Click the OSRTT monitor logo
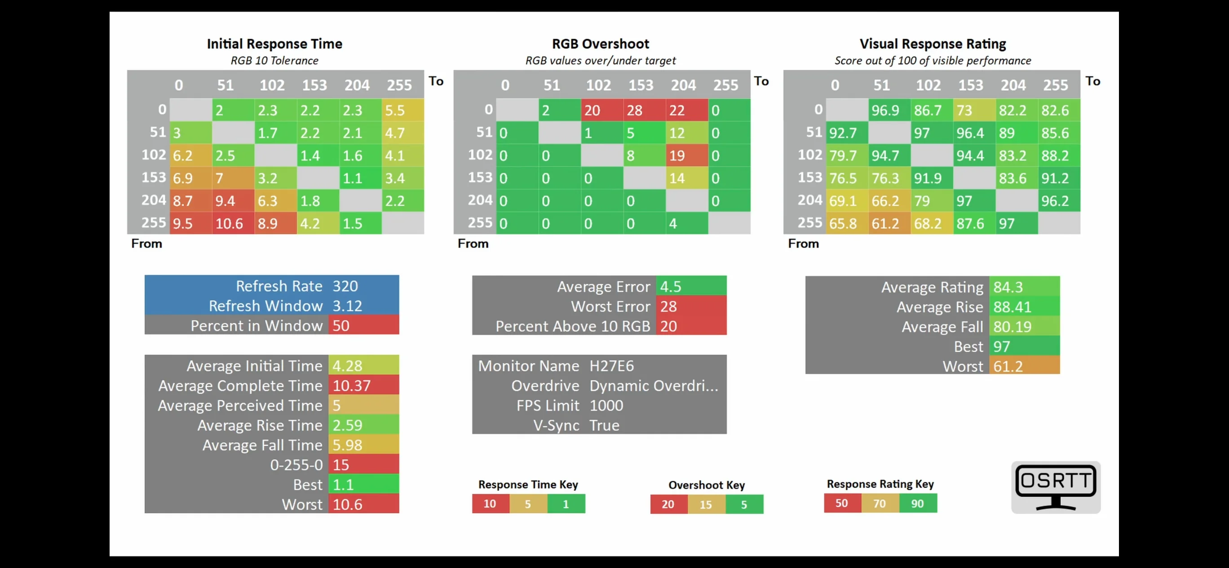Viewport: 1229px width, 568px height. [1056, 487]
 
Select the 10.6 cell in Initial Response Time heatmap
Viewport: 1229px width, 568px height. [233, 223]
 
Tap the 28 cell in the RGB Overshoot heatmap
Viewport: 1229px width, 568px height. [644, 110]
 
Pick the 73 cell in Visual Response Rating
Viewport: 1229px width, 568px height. [974, 110]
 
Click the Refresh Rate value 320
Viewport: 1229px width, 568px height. [345, 286]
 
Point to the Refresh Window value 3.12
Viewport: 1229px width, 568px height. [347, 306]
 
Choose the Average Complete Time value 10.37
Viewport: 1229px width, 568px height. [352, 385]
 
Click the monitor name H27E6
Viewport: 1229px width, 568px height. [612, 366]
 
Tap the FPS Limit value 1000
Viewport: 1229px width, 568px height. [606, 405]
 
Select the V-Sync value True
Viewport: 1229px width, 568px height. [605, 425]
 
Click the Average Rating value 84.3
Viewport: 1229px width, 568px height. [1008, 287]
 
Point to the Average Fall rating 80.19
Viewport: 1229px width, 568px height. [1012, 327]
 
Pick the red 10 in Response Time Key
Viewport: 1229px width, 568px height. [491, 504]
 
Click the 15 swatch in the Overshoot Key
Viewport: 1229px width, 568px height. [706, 504]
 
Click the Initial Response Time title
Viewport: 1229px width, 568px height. [274, 44]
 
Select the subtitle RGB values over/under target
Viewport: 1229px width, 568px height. [601, 61]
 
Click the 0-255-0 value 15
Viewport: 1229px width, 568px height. [341, 465]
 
